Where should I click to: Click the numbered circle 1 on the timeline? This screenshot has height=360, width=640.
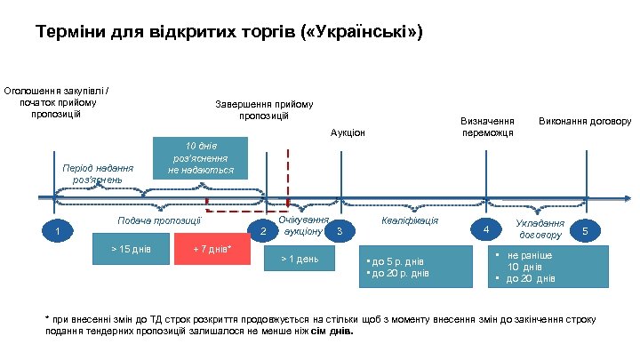[59, 233]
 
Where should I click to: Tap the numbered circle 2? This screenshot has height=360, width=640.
[262, 233]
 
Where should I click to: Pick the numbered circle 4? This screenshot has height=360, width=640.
[485, 231]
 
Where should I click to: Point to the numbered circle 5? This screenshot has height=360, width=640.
[585, 232]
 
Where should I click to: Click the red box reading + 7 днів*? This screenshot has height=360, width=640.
[212, 250]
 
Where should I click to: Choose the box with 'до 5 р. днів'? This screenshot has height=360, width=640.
[416, 267]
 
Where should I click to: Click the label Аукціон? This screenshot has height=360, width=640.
[348, 132]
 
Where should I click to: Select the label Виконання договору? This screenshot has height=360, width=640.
[585, 120]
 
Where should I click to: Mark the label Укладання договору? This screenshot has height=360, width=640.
[540, 229]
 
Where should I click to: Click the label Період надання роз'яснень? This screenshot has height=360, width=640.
[97, 172]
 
